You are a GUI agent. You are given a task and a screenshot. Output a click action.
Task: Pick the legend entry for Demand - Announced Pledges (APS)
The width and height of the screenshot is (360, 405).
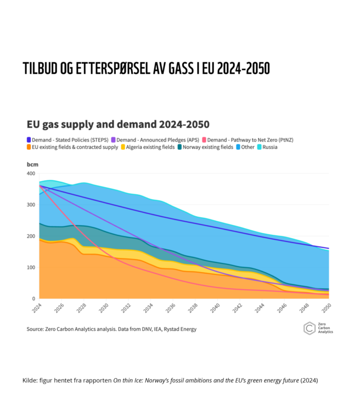coord(155,140)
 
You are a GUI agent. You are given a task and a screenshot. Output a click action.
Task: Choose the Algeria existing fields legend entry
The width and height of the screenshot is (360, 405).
coord(148,147)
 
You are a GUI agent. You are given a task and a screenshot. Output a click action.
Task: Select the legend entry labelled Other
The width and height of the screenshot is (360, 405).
coord(245,147)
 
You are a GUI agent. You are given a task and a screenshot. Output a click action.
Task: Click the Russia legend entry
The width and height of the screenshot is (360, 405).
coord(267,147)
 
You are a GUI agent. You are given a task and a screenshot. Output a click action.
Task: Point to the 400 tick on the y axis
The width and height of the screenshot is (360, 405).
coord(31,173)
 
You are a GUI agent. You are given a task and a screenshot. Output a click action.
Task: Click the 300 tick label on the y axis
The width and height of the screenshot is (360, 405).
coord(31,205)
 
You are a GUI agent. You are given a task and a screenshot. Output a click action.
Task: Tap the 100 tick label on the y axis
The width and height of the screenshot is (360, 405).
coord(31,268)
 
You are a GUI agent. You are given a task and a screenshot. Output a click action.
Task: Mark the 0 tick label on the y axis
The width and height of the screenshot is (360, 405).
coord(33,299)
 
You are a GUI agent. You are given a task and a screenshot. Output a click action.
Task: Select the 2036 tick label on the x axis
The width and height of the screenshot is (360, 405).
coord(172,308)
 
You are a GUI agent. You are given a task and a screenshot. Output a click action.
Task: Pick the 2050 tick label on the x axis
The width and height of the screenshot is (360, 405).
coord(329,308)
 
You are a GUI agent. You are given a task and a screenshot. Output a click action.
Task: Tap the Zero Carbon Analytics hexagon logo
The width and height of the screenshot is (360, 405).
coord(310,328)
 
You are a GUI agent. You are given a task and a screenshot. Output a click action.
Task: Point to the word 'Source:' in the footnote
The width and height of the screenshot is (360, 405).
coord(35,329)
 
